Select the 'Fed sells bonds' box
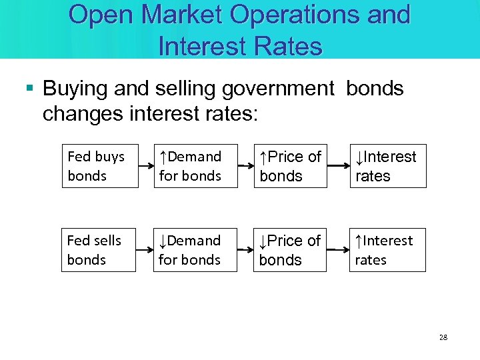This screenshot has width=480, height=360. [x=99, y=249]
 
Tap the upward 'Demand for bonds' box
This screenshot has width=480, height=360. [x=196, y=166]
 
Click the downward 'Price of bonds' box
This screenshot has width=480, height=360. [x=291, y=249]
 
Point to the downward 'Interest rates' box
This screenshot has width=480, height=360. [x=388, y=166]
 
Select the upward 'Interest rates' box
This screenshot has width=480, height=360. [x=388, y=249]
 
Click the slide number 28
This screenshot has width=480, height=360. [x=443, y=337]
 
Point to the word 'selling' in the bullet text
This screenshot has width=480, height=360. [x=186, y=89]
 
